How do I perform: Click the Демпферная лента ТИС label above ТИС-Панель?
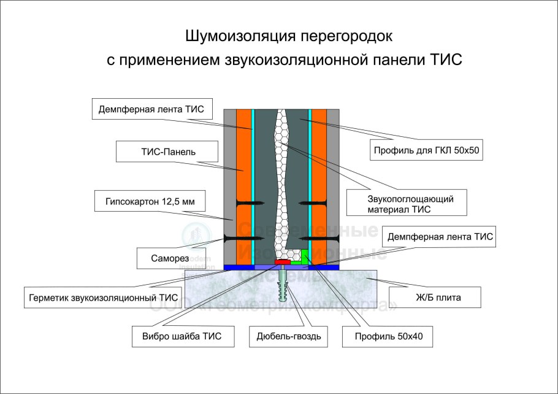coord(155,110)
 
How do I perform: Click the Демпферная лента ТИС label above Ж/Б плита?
coord(437,236)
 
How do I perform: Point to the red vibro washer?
coord(283,262)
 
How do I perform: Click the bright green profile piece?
coord(304,257)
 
